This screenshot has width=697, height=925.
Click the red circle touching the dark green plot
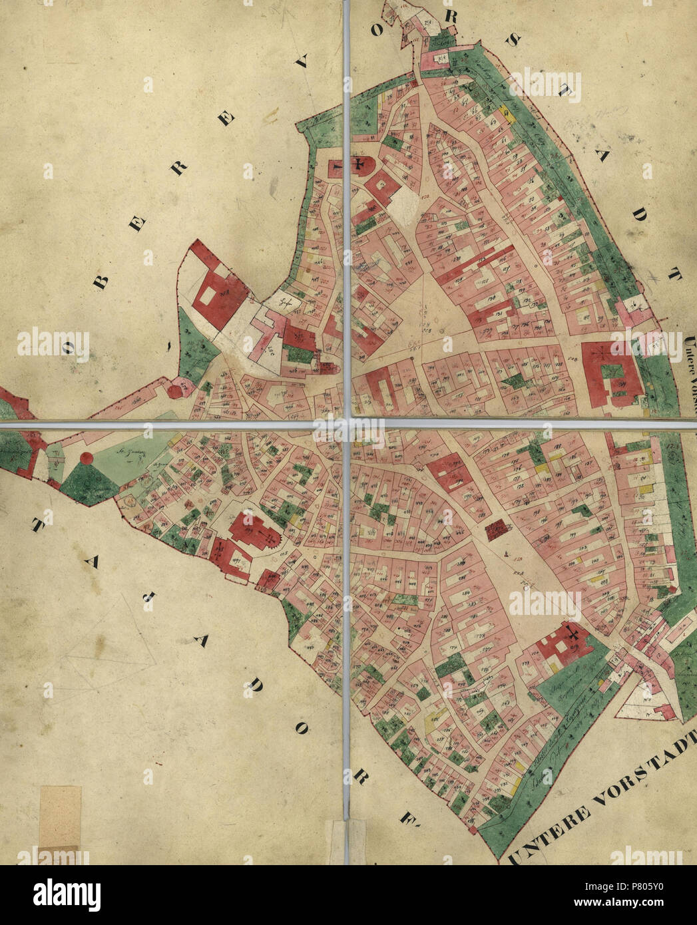point(87,458)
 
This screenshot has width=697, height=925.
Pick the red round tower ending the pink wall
point(174,390)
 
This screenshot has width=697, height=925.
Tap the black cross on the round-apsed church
point(360,164)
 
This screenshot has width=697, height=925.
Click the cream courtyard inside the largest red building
point(207,293)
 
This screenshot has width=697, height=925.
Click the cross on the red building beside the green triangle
point(571,633)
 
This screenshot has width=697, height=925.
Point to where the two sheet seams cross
point(347,424)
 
